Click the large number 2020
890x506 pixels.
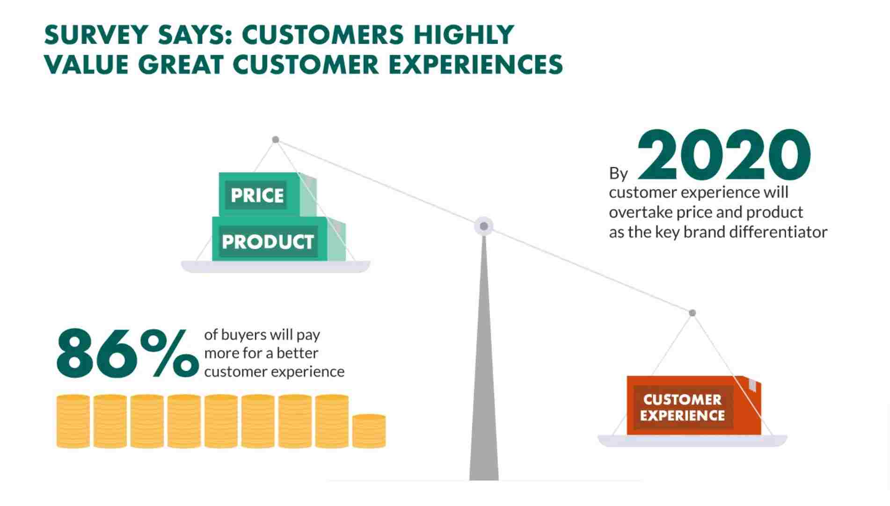point(723,155)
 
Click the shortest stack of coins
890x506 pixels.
point(369,431)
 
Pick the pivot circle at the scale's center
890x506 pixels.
point(484,226)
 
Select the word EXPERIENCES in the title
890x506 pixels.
point(476,65)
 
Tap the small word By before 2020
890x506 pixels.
point(618,173)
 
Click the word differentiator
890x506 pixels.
point(779,232)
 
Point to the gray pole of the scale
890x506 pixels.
point(484,374)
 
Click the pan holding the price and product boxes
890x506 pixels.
point(276,267)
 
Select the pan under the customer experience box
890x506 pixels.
point(693,441)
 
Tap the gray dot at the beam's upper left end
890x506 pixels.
point(276,140)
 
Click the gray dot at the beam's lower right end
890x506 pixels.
point(693,313)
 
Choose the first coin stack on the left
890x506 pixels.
point(73,421)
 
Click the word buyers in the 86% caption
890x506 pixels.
point(243,335)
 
